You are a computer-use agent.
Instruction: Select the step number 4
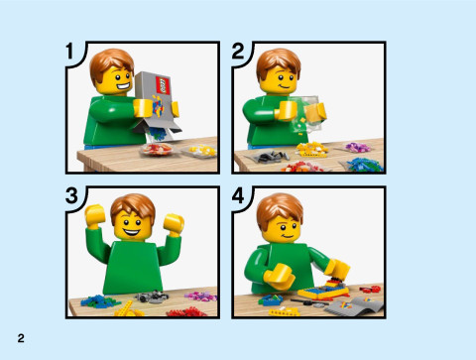240,196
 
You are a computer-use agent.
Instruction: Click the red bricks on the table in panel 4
370,290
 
